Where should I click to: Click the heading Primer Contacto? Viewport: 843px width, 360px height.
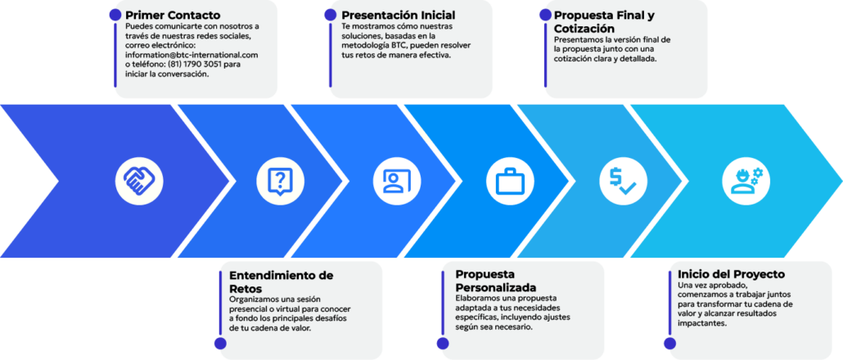[173, 15]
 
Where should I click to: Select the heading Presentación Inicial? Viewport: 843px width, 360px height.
[399, 15]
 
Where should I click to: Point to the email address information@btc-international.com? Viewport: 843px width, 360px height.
[192, 55]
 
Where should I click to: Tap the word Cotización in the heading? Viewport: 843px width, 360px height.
[584, 28]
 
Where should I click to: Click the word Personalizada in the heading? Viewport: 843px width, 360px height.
[496, 286]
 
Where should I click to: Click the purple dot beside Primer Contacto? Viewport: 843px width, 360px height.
[115, 15]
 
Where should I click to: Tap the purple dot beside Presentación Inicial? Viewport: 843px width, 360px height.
[331, 15]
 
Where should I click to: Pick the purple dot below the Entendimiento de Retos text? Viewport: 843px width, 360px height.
[220, 344]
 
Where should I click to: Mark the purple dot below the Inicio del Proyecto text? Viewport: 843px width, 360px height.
[669, 344]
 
